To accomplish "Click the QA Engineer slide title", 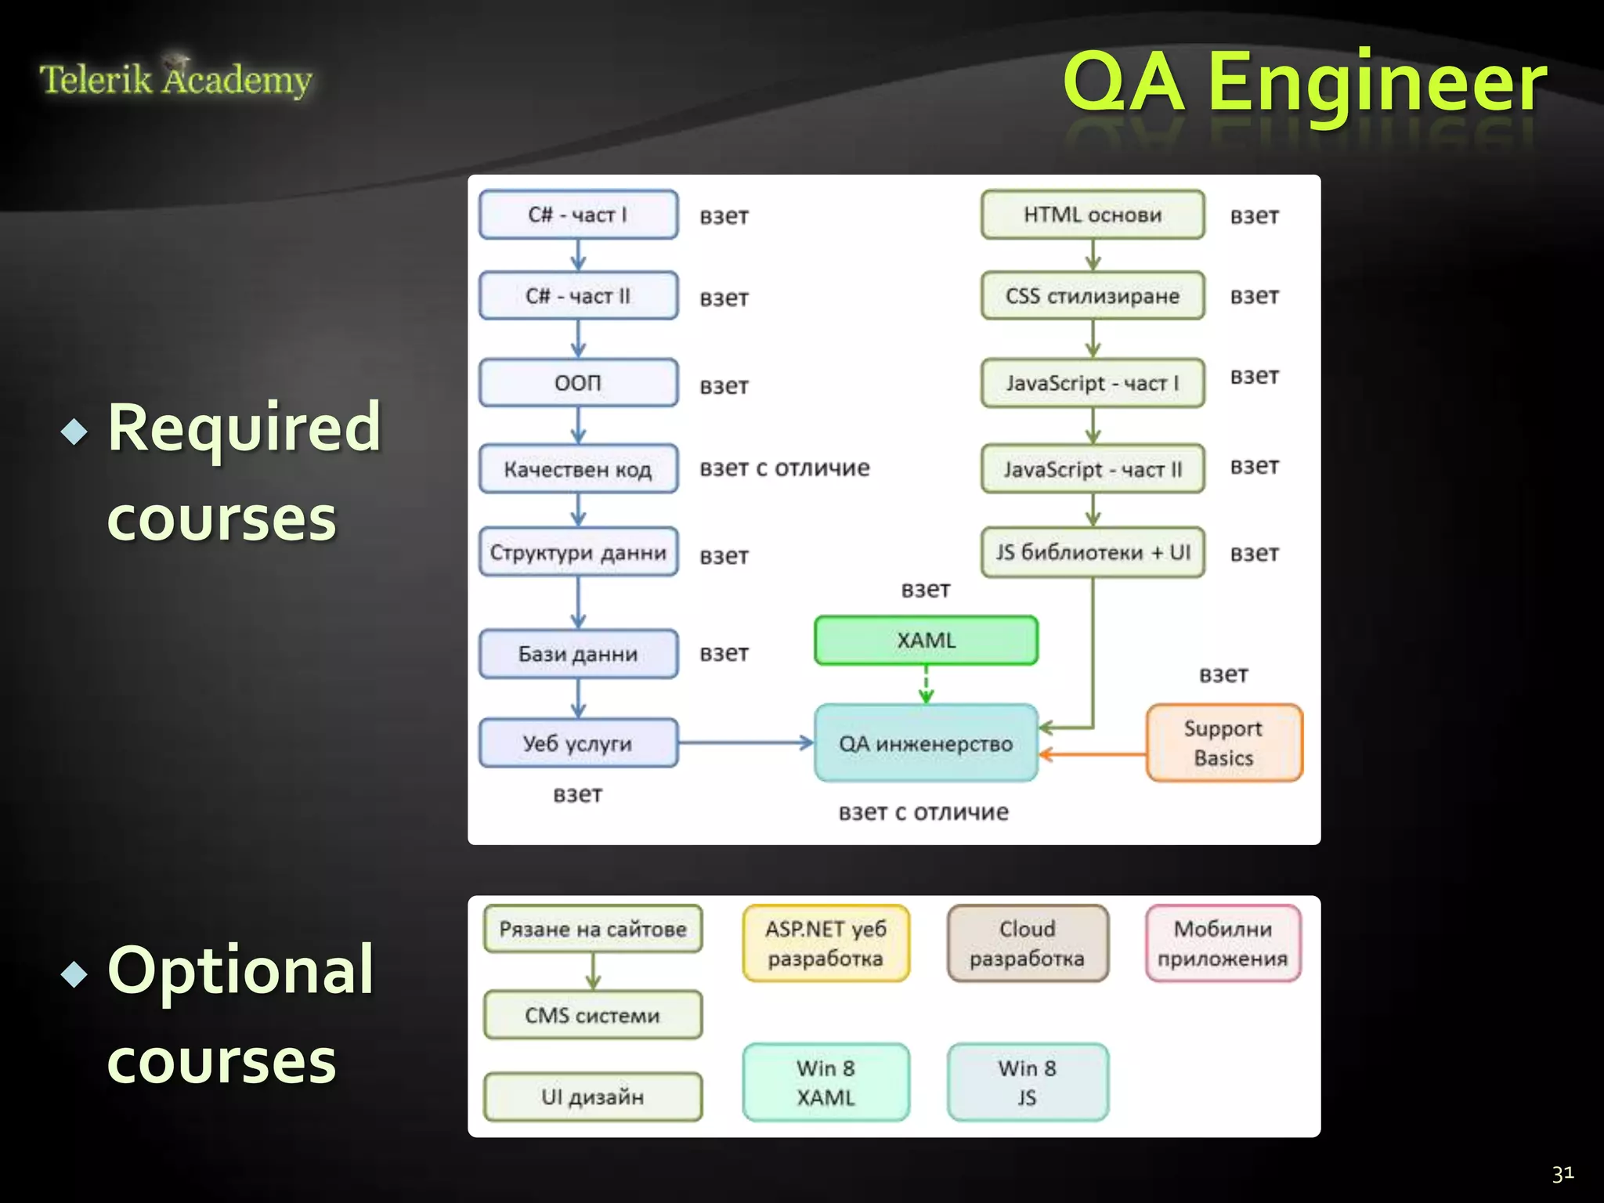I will (x=1303, y=81).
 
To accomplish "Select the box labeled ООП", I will (x=578, y=383).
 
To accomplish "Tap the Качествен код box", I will (x=578, y=469).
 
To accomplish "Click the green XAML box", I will (x=926, y=640).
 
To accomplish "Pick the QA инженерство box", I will (x=926, y=743).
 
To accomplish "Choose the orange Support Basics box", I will (x=1223, y=743).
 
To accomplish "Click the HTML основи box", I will (x=1093, y=215).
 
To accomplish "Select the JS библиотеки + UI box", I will (x=1093, y=552).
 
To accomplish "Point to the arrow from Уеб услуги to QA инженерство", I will (x=744, y=742).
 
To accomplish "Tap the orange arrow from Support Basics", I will (x=1093, y=755).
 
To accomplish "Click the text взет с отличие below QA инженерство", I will (x=923, y=812).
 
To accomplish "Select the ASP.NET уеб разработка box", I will (x=825, y=943).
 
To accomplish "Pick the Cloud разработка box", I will (x=1027, y=943).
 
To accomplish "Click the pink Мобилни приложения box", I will (x=1223, y=943).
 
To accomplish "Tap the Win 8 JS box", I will (x=1027, y=1082).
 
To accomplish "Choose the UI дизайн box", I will (x=592, y=1096).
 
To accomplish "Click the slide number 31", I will (x=1562, y=1173).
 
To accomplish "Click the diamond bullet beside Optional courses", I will (x=74, y=974).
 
